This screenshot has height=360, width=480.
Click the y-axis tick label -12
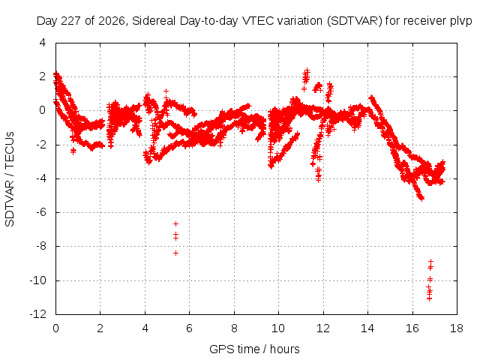pyautogui.click(x=38, y=314)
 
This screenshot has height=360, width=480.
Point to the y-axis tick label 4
pyautogui.click(x=42, y=43)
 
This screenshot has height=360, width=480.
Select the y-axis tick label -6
pyautogui.click(x=41, y=212)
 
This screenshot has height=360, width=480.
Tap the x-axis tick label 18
pyautogui.click(x=457, y=328)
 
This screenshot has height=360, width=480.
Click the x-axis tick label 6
pyautogui.click(x=189, y=328)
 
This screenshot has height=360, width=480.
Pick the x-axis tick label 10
pyautogui.click(x=278, y=328)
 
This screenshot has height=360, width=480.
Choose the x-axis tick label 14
pyautogui.click(x=367, y=328)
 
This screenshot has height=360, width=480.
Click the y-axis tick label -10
pyautogui.click(x=38, y=280)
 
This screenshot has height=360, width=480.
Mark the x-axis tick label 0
pyautogui.click(x=55, y=328)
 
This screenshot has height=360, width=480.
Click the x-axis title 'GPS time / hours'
pyautogui.click(x=254, y=349)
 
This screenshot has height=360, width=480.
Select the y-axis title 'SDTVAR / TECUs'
pyautogui.click(x=10, y=179)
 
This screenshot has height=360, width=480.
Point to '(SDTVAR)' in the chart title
pyautogui.click(x=355, y=21)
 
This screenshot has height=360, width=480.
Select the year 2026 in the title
pyautogui.click(x=112, y=21)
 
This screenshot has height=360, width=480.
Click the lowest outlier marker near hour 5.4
pyautogui.click(x=175, y=253)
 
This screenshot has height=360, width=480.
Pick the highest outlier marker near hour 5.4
pyautogui.click(x=175, y=224)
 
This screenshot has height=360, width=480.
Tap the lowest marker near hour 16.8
pyautogui.click(x=429, y=298)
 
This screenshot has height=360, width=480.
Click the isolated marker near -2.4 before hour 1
pyautogui.click(x=73, y=151)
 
